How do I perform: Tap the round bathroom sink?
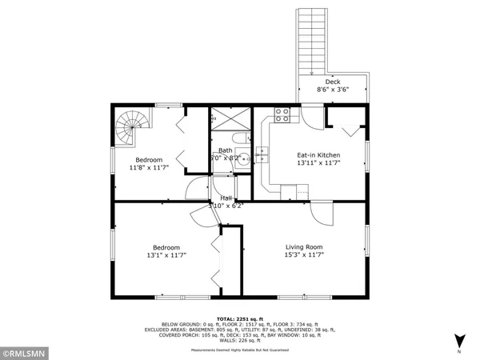(245, 159)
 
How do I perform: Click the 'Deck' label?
(332, 82)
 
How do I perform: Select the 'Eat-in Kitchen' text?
(318, 154)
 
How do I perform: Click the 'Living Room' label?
(304, 246)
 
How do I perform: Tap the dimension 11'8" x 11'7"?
(150, 168)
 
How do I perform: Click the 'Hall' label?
(226, 198)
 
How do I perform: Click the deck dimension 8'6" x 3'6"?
(332, 90)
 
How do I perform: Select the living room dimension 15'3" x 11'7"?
(304, 255)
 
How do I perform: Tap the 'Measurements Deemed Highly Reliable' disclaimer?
(240, 349)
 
